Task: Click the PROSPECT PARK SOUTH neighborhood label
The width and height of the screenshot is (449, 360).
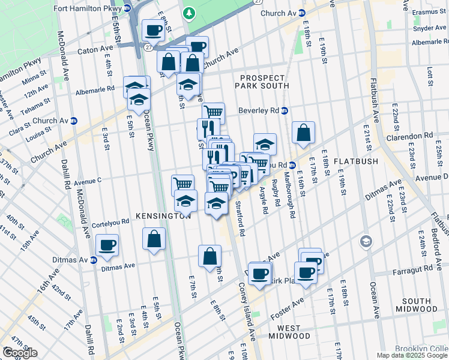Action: (x=264, y=82)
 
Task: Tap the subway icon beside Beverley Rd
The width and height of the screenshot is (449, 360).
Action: (x=285, y=110)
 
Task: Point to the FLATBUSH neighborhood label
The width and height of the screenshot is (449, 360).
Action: (x=354, y=161)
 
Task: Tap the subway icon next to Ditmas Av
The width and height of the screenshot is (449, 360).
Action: (x=93, y=260)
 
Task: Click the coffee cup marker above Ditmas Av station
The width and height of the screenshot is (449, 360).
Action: (x=107, y=245)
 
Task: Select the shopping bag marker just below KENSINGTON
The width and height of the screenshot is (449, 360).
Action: (x=154, y=238)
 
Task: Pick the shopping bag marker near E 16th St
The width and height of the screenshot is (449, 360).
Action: (x=304, y=132)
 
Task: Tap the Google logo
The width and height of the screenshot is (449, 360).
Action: (x=19, y=353)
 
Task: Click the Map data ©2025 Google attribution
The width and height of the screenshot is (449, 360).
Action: (x=411, y=355)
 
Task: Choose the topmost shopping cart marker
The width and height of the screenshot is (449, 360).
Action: (x=213, y=112)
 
